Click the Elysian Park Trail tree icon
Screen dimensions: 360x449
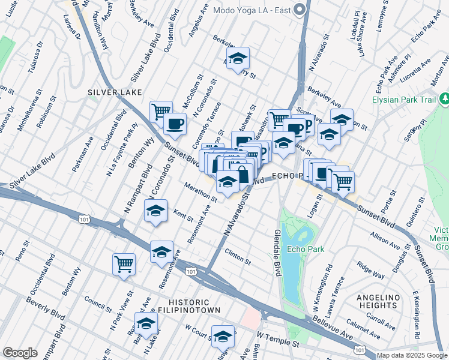444,98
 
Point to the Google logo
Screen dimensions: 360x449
20,353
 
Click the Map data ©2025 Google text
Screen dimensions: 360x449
412,355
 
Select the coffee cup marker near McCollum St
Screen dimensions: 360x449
175,124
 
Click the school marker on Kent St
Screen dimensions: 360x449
156,212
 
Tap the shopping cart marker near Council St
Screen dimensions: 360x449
124,263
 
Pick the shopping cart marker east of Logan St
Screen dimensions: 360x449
343,181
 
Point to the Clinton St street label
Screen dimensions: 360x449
237,257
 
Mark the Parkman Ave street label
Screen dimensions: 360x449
83,155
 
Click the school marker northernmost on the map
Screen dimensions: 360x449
238,58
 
